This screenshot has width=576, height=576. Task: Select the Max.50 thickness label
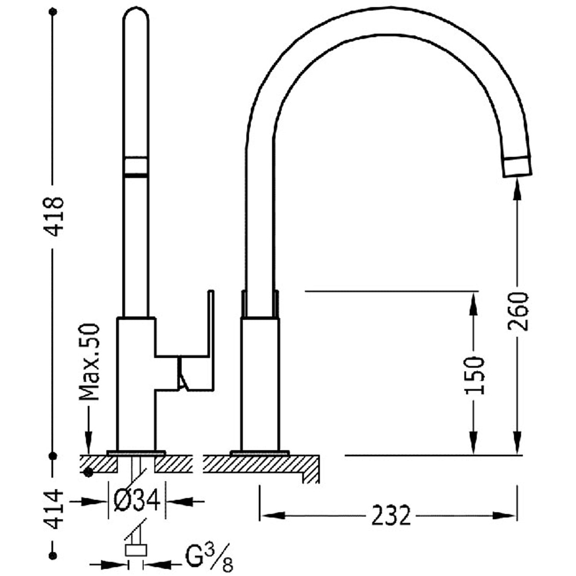pyautogui.click(x=89, y=362)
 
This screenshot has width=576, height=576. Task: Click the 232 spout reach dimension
pyautogui.click(x=391, y=515)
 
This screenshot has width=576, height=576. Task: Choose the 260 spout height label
pyautogui.click(x=518, y=311)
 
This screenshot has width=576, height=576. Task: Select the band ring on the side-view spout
pyautogui.click(x=136, y=166)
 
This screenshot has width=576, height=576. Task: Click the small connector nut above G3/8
pyautogui.click(x=136, y=550)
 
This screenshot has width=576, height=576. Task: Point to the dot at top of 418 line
pyautogui.click(x=53, y=12)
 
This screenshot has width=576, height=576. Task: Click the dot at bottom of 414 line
pyautogui.click(x=53, y=556)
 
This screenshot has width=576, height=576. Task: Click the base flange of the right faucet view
pyautogui.click(x=260, y=453)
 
